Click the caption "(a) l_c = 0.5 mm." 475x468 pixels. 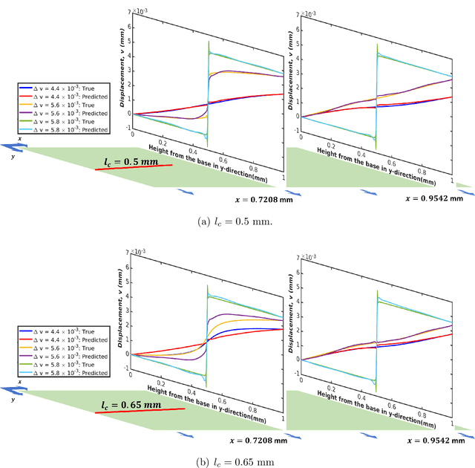(x=237, y=221)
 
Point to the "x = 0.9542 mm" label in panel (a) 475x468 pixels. (x=435, y=198)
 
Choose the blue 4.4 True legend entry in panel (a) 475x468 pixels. (x=64, y=86)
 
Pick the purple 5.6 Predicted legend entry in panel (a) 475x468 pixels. (x=64, y=113)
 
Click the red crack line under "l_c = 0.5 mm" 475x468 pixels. (x=134, y=167)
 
